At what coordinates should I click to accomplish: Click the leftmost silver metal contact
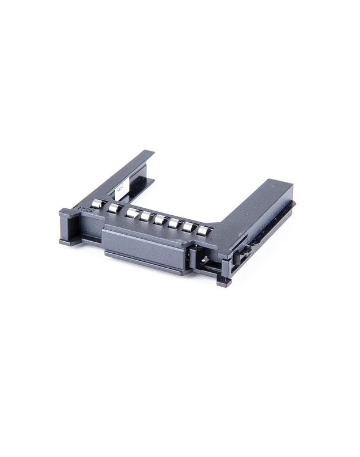coord(98,203)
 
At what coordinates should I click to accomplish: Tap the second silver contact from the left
coord(115,208)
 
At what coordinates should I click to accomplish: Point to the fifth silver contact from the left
coord(160,220)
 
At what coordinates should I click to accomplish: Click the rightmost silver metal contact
coord(202,231)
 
